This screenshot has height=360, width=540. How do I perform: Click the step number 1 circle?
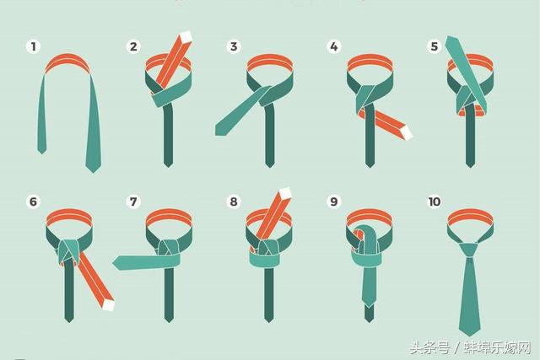point(34,46)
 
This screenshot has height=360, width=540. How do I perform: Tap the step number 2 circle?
point(133,46)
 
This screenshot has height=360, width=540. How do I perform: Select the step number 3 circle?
point(234,46)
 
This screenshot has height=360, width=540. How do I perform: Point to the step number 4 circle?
point(334,46)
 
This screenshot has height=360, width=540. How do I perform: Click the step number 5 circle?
point(434,46)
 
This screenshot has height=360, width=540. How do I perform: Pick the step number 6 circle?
point(34,201)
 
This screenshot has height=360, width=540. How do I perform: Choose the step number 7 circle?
point(133,201)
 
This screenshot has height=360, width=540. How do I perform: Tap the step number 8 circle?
point(234,201)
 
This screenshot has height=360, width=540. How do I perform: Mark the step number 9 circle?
point(334,201)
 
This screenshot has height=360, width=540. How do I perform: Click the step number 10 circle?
point(434,201)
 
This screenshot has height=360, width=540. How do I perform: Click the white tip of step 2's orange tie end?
point(186,37)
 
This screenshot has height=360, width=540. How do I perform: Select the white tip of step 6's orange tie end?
point(109,305)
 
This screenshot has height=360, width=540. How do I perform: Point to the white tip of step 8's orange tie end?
point(285,193)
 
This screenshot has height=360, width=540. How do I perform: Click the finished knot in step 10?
point(470,250)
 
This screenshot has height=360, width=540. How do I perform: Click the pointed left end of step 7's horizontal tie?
point(113,263)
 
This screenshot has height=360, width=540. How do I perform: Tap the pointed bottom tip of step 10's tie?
point(470,336)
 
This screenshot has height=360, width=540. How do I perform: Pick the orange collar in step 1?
point(68,62)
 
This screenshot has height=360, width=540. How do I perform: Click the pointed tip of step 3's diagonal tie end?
point(216,132)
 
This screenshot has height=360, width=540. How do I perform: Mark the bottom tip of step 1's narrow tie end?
point(41,153)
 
